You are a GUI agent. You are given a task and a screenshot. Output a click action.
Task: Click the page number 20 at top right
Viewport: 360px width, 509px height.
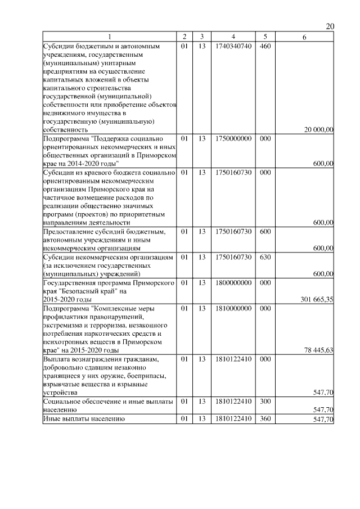click(330, 26)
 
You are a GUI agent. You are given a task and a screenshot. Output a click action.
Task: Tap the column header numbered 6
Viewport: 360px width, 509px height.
click(304, 37)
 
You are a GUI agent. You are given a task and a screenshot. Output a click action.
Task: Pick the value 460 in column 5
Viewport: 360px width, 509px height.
click(265, 46)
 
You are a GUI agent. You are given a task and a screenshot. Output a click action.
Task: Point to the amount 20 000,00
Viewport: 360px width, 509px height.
click(318, 129)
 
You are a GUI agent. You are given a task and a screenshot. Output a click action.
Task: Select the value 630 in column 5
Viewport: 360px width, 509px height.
click(265, 257)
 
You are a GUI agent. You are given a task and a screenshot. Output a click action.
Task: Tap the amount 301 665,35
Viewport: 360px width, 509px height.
click(316, 299)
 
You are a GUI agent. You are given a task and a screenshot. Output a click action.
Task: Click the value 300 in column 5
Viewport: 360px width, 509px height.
click(265, 402)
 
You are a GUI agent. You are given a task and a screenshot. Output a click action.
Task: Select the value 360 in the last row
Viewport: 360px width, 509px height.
click(265, 419)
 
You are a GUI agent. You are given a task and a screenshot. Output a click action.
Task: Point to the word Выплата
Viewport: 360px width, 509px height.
click(58, 359)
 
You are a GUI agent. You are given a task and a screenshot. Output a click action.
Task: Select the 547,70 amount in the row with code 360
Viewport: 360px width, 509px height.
click(323, 420)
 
